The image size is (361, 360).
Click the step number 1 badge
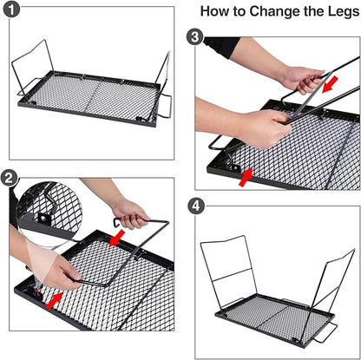(x=11, y=10)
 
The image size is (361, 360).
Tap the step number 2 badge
(x=9, y=178)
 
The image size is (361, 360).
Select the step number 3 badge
(x=195, y=36)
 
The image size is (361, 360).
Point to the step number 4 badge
(x=196, y=206)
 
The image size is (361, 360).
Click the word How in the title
(x=213, y=11)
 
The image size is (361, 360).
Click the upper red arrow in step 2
(x=117, y=239)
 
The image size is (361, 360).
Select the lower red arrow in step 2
(x=55, y=300)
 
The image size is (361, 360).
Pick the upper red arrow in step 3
(x=330, y=84)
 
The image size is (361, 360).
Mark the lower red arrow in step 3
(x=246, y=177)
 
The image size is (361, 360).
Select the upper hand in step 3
(x=300, y=80)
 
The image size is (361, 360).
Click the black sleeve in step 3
(x=221, y=46)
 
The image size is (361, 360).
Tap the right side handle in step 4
(x=327, y=332)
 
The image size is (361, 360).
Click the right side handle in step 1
(x=166, y=107)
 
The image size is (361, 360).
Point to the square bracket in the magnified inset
(x=44, y=219)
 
